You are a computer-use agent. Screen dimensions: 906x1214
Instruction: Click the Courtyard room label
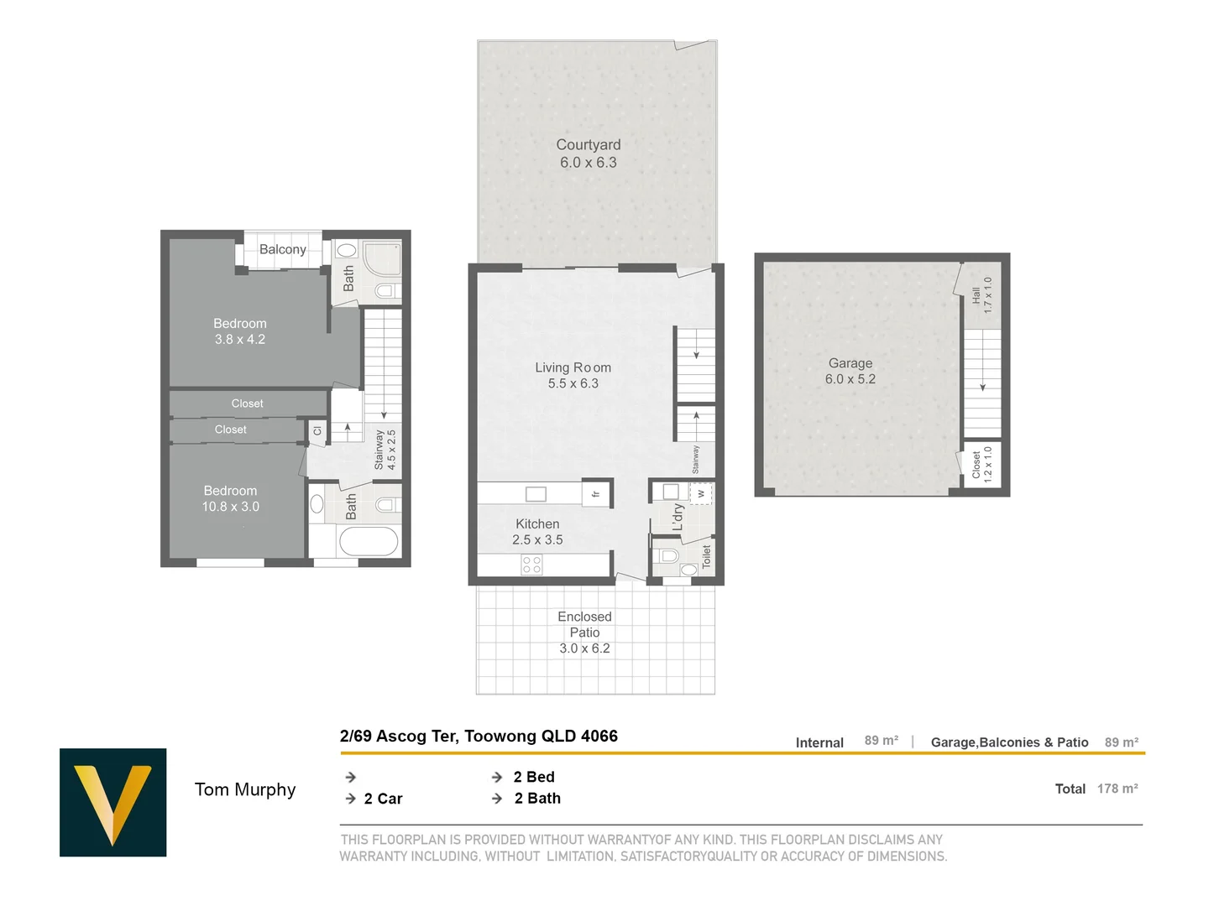click(x=589, y=154)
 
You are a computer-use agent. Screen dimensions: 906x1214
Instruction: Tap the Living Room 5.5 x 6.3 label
click(x=573, y=375)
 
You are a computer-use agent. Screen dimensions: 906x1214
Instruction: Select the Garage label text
click(x=850, y=371)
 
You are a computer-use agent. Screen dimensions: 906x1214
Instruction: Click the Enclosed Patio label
click(x=584, y=632)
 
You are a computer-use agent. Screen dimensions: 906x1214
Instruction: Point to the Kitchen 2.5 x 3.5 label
click(x=537, y=532)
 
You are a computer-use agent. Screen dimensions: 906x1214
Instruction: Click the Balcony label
click(x=282, y=249)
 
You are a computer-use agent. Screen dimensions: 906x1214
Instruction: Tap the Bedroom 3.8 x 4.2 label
click(x=240, y=331)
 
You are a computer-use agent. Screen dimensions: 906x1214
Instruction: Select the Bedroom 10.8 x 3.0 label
click(x=231, y=498)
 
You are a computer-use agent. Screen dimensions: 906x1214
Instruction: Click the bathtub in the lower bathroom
click(x=369, y=541)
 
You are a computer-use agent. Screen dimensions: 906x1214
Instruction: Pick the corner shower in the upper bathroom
click(x=382, y=258)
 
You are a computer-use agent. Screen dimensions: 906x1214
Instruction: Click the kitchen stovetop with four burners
click(x=531, y=564)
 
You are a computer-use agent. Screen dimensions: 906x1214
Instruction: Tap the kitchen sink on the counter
click(x=536, y=494)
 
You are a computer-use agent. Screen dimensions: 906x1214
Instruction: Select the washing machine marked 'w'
click(x=701, y=494)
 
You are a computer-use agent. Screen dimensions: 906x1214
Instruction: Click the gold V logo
click(x=113, y=802)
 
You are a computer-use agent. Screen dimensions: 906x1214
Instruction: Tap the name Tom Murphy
click(x=245, y=789)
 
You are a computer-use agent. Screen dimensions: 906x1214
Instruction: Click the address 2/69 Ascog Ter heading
click(x=479, y=736)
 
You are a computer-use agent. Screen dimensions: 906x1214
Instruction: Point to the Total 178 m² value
click(x=1117, y=789)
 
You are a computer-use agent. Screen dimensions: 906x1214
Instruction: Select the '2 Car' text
click(x=383, y=799)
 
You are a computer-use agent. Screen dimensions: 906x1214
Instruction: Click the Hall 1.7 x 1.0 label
click(x=981, y=295)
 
